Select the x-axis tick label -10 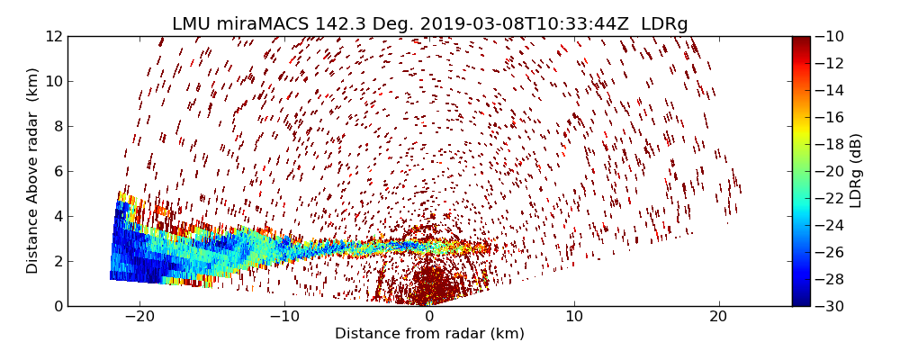coord(284,318)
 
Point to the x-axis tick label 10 coord(574,318)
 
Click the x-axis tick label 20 coord(718,318)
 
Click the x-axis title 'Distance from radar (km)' coord(429,334)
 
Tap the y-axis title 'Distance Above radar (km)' coord(33,171)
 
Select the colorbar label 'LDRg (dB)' coord(856,171)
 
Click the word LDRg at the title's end coord(664,24)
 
